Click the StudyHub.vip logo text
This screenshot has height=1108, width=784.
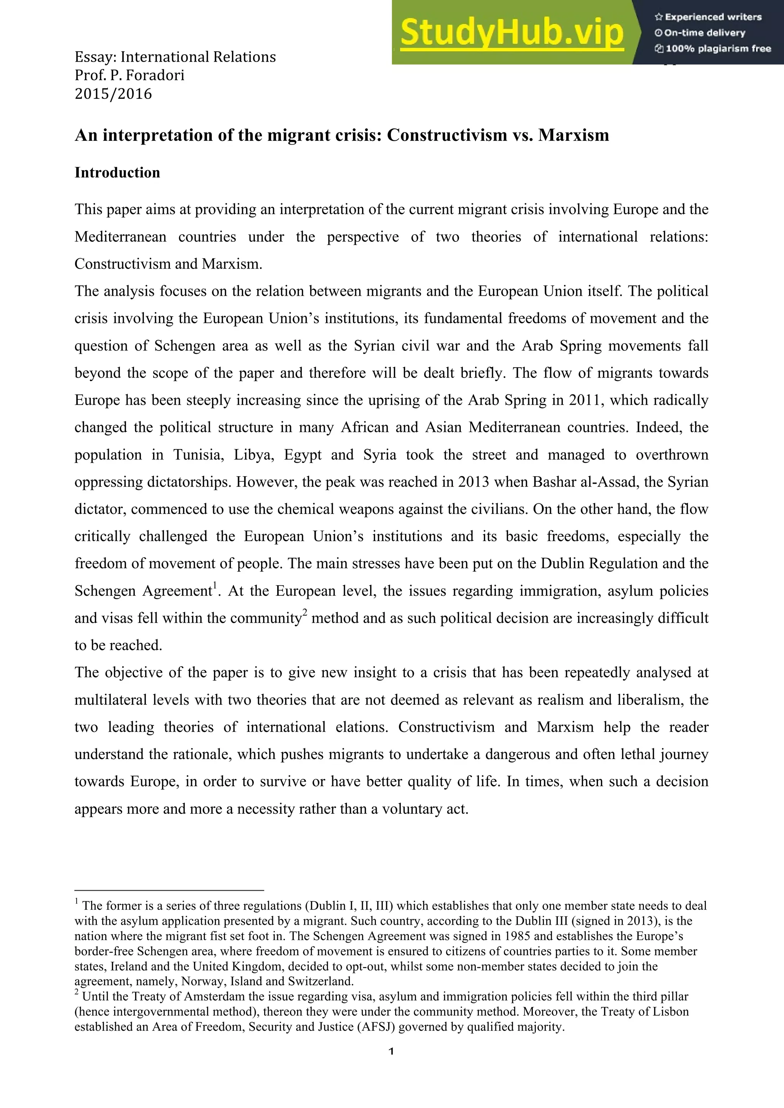[512, 33]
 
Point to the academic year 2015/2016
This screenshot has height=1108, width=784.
[113, 94]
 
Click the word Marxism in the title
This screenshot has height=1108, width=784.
[573, 135]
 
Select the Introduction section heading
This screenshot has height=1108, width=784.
[117, 173]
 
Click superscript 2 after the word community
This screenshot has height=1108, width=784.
[305, 613]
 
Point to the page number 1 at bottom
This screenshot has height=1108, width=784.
[392, 1051]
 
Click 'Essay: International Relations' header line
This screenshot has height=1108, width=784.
[175, 57]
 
